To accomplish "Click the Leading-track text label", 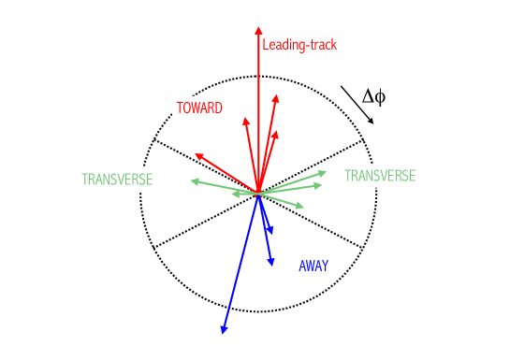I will click(x=299, y=45).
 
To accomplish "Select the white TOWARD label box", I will click(x=199, y=108).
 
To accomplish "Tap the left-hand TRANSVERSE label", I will click(x=117, y=180).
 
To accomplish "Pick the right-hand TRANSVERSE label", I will click(x=380, y=176).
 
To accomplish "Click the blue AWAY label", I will click(x=313, y=266).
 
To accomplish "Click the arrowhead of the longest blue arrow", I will click(x=223, y=331).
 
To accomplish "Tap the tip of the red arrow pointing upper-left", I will click(x=196, y=154).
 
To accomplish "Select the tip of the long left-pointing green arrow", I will click(x=191, y=180).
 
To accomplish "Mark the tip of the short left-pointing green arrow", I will click(x=233, y=194).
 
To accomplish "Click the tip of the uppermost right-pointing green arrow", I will click(x=327, y=171).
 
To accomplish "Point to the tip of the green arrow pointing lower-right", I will click(x=303, y=207).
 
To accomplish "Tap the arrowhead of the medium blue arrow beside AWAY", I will click(x=271, y=266).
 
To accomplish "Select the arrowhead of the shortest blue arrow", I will click(x=269, y=229).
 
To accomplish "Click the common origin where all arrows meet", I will click(x=257, y=194).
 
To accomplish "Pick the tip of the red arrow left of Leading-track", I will click(x=245, y=119).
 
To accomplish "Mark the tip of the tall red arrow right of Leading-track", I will click(x=276, y=94).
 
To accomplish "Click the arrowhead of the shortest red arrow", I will click(x=274, y=132).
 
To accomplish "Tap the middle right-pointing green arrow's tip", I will click(x=321, y=185).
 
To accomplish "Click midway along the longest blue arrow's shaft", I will click(x=240, y=263).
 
